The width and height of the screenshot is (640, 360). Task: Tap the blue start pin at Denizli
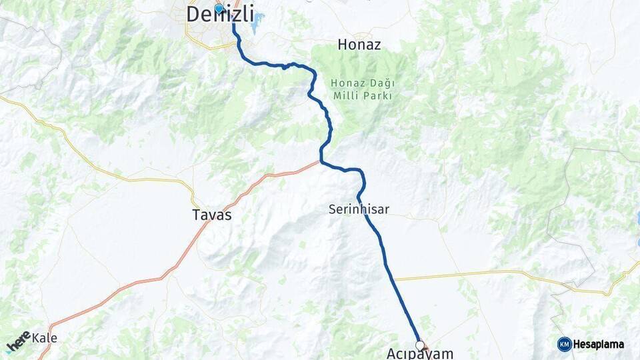219,9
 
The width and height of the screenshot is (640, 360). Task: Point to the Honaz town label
359,45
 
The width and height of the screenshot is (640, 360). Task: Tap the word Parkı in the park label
377,95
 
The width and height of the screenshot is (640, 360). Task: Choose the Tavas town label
211,215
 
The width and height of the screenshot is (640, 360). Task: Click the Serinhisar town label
359,209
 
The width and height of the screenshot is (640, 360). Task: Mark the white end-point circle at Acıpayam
420,345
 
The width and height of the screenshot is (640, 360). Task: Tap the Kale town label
45,338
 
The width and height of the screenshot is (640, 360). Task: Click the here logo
18,341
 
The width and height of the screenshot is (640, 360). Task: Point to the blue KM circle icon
564,344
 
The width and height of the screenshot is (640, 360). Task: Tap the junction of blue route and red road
321,161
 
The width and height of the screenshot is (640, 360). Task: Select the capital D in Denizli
194,14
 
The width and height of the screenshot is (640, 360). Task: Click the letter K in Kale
36,338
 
